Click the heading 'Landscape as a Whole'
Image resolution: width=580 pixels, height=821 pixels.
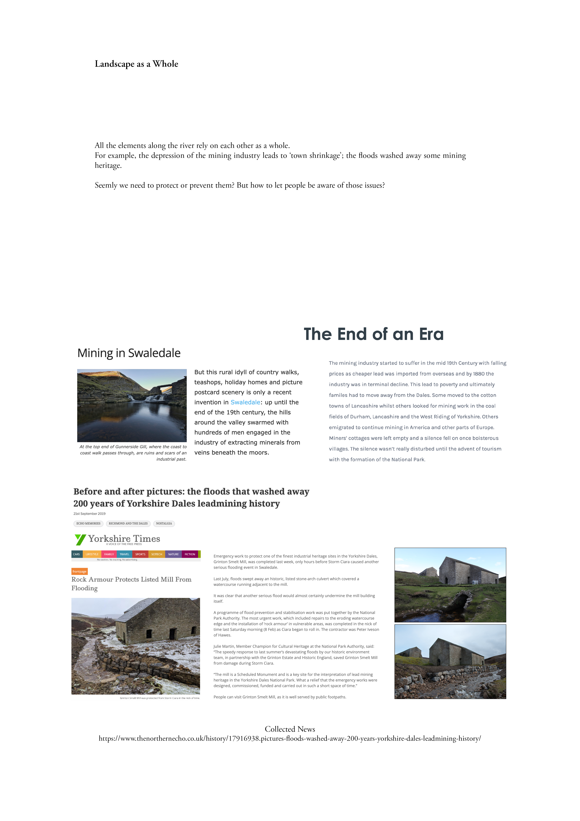coord(136,64)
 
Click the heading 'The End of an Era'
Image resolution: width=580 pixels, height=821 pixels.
coord(373,334)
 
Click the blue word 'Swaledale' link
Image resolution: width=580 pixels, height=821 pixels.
coord(245,402)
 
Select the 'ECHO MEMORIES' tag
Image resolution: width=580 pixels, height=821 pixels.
coord(88,523)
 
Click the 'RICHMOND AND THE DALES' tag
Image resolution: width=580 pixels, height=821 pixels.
coord(128,523)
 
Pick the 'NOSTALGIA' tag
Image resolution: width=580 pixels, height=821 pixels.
coord(164,523)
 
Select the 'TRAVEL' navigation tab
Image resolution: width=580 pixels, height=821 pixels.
coord(124,554)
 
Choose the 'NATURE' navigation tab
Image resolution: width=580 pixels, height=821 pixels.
coord(173,554)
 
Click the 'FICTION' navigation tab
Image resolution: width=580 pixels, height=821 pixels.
coord(190,554)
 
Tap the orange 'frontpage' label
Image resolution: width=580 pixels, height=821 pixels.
coord(79,571)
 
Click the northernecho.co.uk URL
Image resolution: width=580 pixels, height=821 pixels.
coord(290,738)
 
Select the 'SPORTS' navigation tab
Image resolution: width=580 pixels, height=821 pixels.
coord(140,554)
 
